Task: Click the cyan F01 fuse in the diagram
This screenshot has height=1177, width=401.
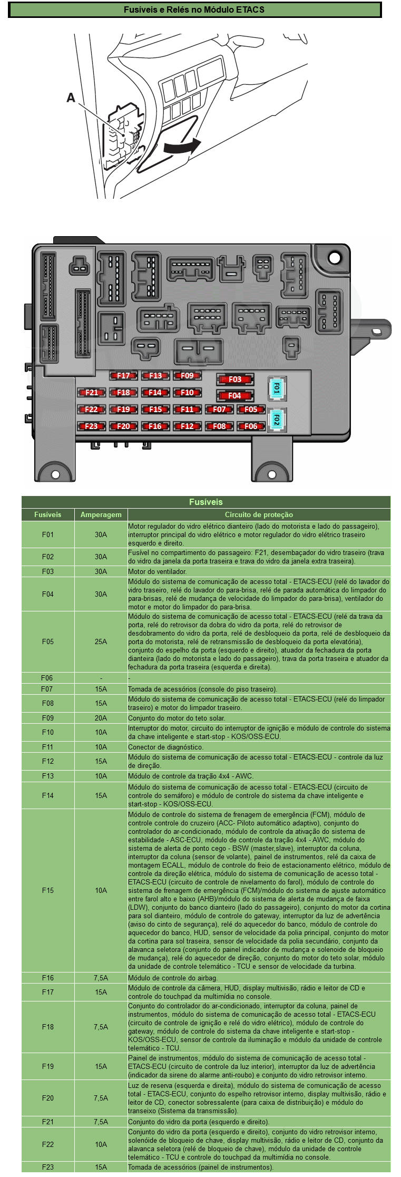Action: coord(276,389)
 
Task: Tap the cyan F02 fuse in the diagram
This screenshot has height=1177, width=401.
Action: coord(276,420)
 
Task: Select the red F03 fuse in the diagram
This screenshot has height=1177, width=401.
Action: coord(234,380)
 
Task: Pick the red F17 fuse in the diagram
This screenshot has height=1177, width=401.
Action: coord(123,376)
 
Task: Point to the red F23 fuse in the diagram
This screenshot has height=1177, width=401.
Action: coord(91,426)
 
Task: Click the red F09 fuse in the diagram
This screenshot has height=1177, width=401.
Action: coord(187,376)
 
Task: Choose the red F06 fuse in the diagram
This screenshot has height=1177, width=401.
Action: coord(251,426)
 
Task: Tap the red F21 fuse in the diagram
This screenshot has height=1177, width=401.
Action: coord(91,393)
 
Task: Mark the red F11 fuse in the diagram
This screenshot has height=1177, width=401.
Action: coord(187,410)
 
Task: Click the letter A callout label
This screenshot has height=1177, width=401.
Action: coord(71,98)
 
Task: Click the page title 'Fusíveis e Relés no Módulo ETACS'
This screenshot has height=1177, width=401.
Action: coord(194,9)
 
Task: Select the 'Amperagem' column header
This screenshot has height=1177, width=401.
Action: coord(101,514)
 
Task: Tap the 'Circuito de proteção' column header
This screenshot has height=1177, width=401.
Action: coord(259,514)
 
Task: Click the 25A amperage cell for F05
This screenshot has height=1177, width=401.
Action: coord(101,641)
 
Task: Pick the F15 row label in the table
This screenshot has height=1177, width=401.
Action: coord(48,890)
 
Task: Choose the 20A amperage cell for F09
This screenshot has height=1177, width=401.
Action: coord(101,718)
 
